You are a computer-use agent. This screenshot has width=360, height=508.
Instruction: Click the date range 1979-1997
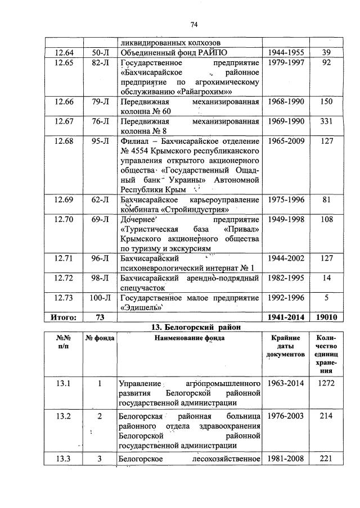pyautogui.click(x=286, y=63)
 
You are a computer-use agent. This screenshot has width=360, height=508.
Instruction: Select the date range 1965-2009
pyautogui.click(x=286, y=141)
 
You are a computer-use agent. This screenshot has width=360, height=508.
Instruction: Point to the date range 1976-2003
pyautogui.click(x=286, y=416)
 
